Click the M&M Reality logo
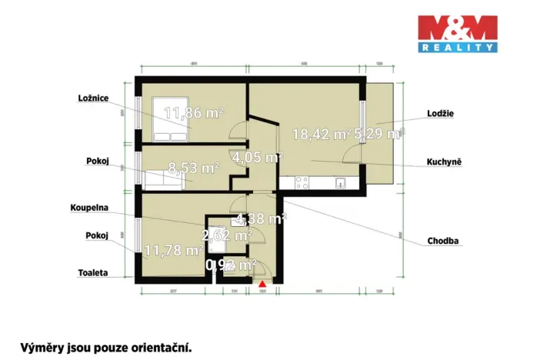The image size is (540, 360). click(x=457, y=34)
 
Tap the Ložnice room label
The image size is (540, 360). click(x=93, y=98)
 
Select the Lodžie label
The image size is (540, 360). click(x=439, y=113)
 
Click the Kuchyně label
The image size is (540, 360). click(x=444, y=163)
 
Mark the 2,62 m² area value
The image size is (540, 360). click(x=227, y=234)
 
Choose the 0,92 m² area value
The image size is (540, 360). click(x=231, y=265)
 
